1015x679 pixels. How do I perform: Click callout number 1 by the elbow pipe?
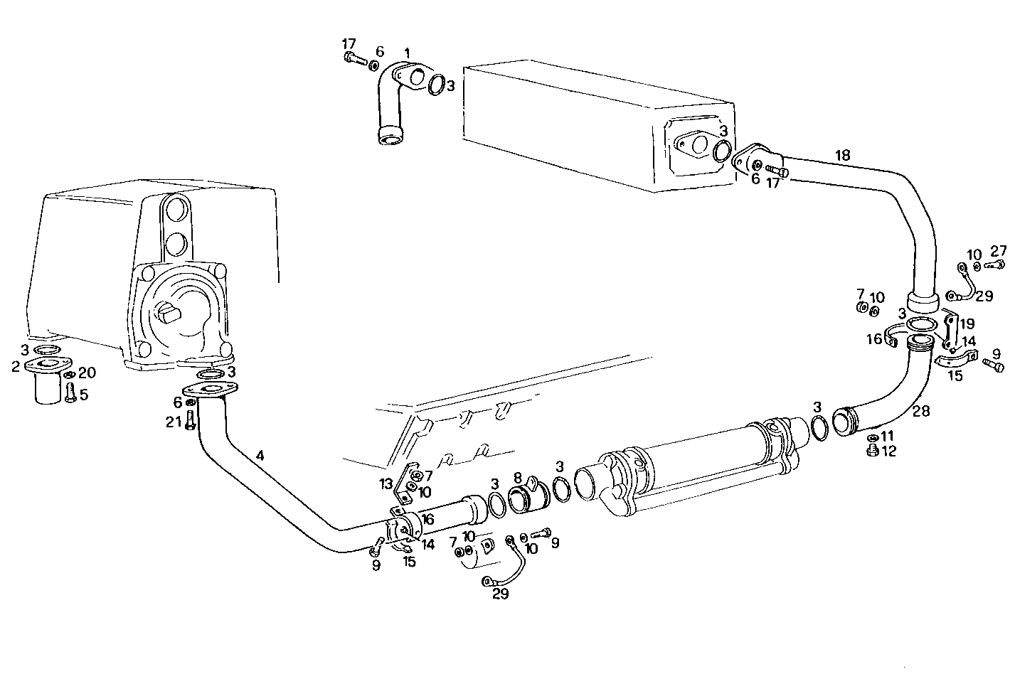(x=407, y=53)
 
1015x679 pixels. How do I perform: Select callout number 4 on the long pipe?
(x=261, y=455)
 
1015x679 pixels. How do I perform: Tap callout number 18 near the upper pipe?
(x=843, y=155)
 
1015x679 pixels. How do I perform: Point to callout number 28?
(x=920, y=412)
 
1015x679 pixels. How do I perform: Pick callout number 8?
(x=518, y=477)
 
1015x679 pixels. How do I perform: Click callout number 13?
(x=386, y=484)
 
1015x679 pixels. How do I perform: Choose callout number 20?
(x=86, y=373)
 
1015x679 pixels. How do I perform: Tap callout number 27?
(x=999, y=250)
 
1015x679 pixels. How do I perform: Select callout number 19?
(x=967, y=324)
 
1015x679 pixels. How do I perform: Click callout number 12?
(x=889, y=450)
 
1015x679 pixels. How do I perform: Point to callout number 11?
(x=888, y=435)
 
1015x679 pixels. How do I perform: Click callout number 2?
(x=15, y=367)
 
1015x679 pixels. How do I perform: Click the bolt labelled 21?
(x=190, y=421)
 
